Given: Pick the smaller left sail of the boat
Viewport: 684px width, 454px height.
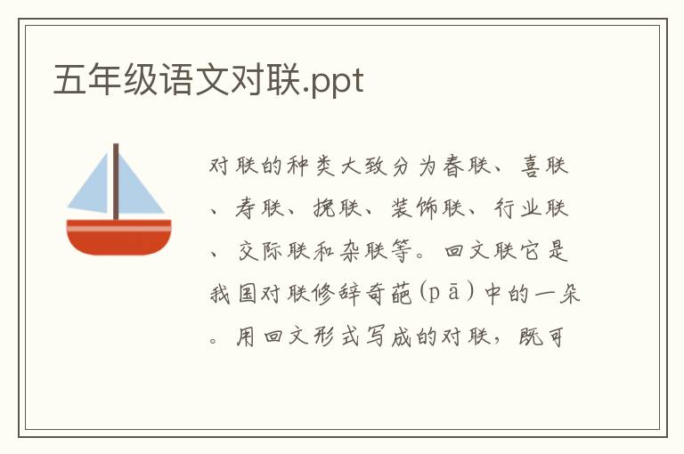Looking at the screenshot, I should pos(92,189).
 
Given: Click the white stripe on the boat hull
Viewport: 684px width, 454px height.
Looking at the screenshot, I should pos(118,228).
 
